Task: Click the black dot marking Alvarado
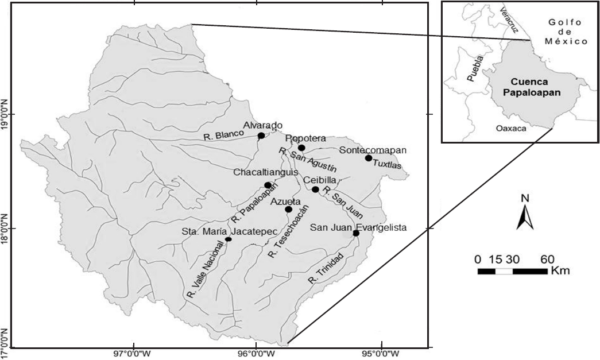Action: tap(261, 136)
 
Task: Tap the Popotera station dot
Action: tap(301, 148)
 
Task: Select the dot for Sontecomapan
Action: tap(369, 158)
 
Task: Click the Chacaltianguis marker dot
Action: tap(268, 185)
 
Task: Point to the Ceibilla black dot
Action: tap(315, 189)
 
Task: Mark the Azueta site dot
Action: tap(288, 210)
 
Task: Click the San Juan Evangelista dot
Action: tap(356, 233)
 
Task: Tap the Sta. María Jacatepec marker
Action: tap(228, 239)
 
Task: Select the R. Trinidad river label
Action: tap(326, 268)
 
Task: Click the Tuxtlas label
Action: tap(388, 165)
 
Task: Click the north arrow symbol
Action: tap(524, 213)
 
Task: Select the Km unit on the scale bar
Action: tap(560, 270)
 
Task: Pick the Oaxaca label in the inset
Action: tap(510, 129)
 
